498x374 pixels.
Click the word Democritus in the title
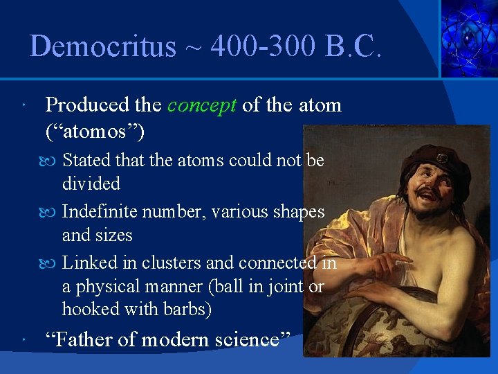[103, 46]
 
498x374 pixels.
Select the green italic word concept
[202, 105]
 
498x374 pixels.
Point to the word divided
[91, 184]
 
